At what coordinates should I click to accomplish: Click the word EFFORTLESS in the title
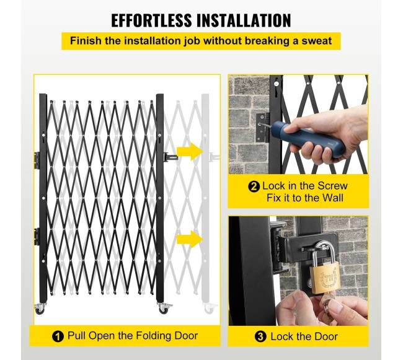point(152,20)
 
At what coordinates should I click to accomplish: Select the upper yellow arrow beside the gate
point(190,152)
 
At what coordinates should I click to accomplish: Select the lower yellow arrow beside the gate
point(190,239)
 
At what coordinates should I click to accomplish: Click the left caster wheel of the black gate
point(40,309)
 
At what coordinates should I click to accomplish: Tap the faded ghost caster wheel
point(210,309)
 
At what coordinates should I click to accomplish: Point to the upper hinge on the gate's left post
point(37,160)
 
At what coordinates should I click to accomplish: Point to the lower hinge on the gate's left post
point(37,237)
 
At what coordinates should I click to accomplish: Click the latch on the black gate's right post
point(170,156)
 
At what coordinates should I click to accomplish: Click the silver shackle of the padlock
point(324,250)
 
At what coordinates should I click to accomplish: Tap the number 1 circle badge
point(58,336)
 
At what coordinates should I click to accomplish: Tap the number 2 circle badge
point(254,187)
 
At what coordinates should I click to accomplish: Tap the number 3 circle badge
point(260,336)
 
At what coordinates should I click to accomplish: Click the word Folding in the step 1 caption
point(153,336)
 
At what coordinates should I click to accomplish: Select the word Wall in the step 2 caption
point(333,198)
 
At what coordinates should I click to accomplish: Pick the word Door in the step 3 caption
point(325,336)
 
